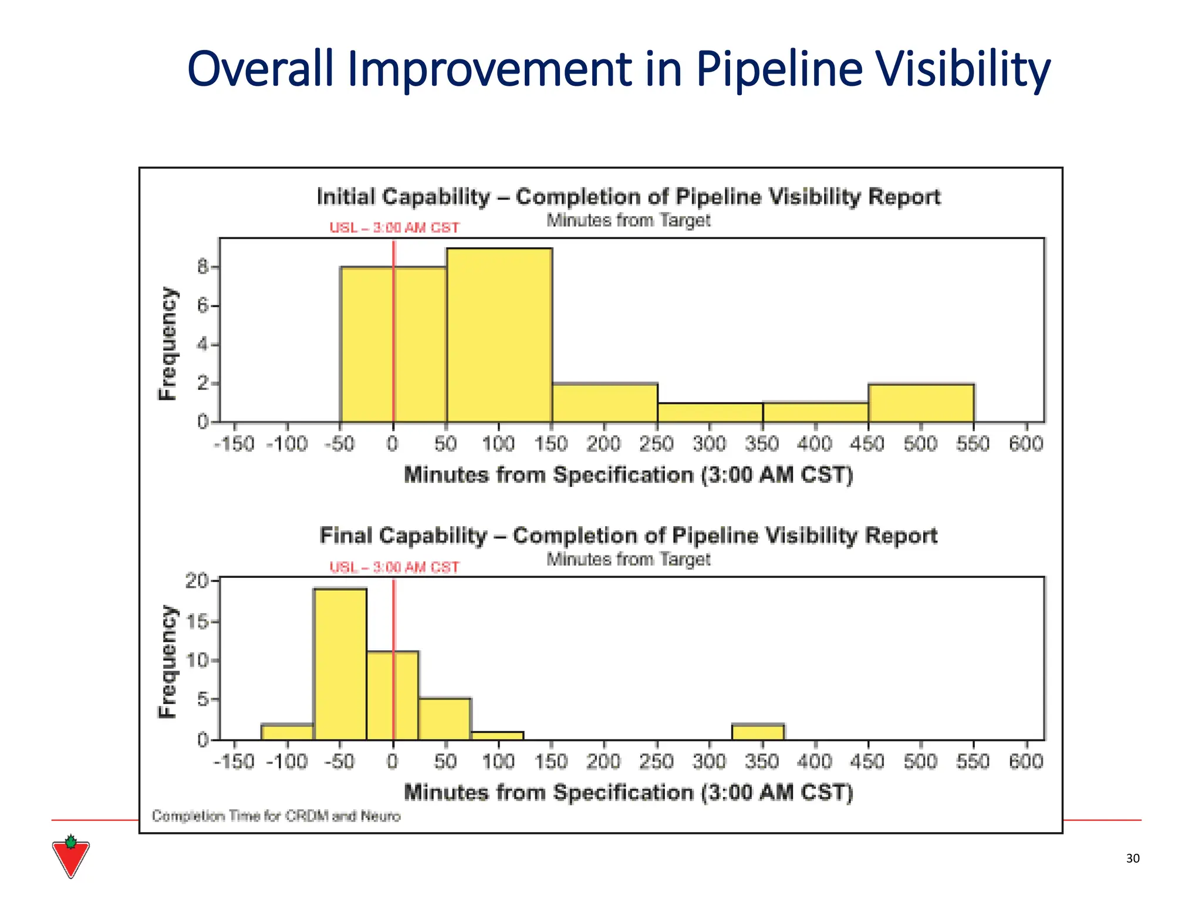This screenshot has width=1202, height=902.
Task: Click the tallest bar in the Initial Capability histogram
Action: [499, 335]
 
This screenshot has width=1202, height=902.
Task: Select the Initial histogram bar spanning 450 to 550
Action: [921, 403]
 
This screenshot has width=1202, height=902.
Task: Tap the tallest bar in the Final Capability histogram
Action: [340, 664]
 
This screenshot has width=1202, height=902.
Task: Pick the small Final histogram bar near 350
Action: [758, 732]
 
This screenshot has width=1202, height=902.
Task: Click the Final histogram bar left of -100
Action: [287, 732]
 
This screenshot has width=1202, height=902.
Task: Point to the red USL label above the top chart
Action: [394, 228]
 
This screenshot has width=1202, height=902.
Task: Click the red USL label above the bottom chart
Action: [394, 567]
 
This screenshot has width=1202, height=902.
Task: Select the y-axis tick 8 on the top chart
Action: [203, 268]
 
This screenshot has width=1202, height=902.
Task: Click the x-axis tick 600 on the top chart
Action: [1025, 444]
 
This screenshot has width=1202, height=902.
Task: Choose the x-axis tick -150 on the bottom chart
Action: [234, 762]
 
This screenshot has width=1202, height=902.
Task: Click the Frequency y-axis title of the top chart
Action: [168, 344]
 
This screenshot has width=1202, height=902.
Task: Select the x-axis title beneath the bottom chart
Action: [628, 792]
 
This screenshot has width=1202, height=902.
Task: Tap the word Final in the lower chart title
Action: [345, 536]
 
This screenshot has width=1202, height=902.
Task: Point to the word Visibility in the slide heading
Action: [963, 69]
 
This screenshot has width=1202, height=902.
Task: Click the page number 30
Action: [1133, 859]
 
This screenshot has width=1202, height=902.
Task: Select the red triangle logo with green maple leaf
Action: [70, 857]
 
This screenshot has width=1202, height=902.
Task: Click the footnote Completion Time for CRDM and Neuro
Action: [276, 816]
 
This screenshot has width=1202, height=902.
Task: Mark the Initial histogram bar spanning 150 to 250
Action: [605, 403]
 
